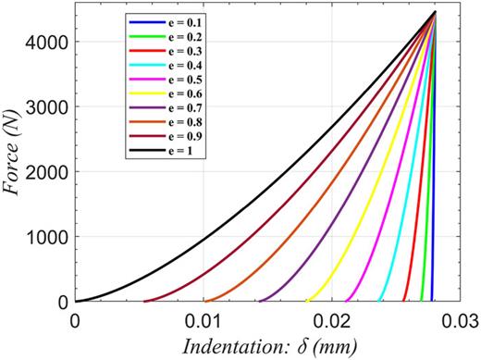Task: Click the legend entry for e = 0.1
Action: pos(176,21)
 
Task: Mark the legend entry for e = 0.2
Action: pos(176,32)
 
